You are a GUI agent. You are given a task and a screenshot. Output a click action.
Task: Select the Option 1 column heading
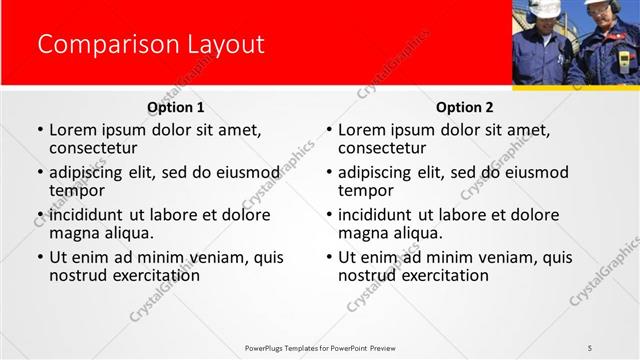(175, 107)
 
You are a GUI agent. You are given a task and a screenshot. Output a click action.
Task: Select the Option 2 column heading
(465, 107)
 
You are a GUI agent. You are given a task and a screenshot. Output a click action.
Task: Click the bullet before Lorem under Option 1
(40, 131)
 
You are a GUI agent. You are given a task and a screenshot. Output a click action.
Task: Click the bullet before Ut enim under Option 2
(329, 257)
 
